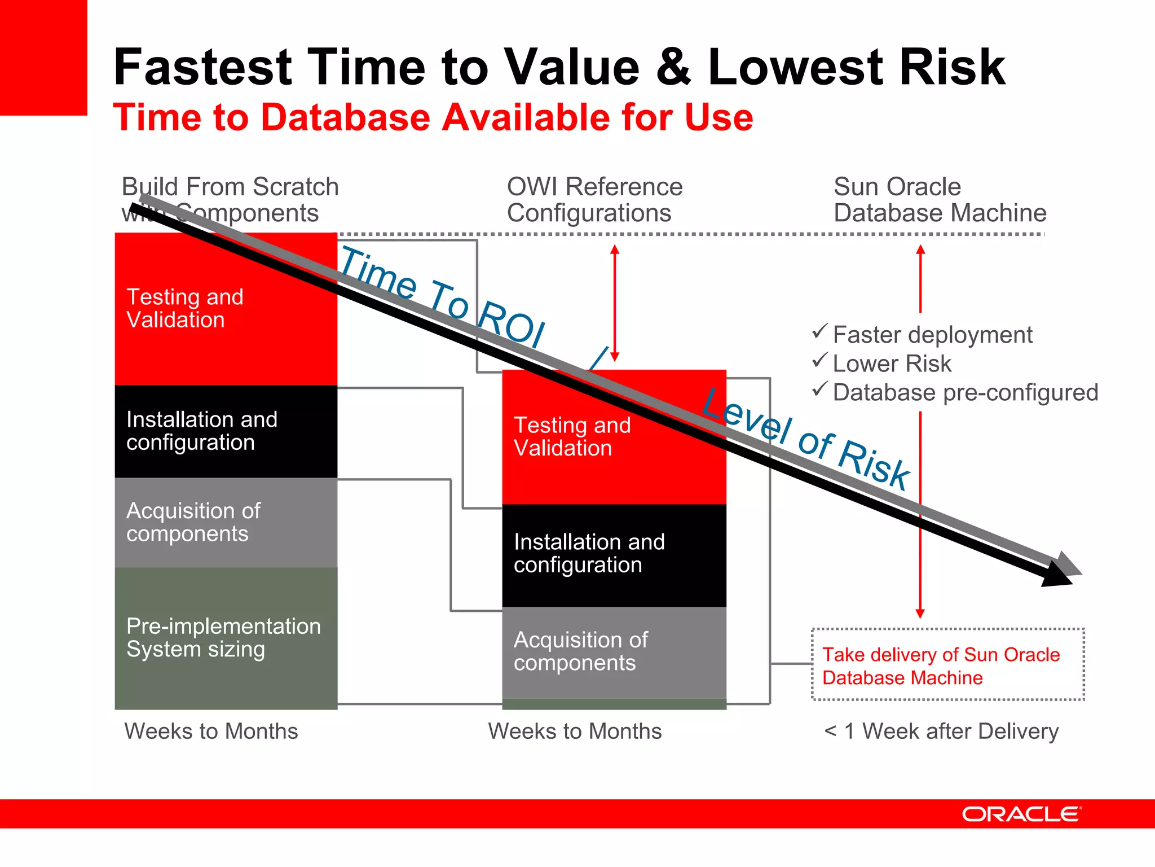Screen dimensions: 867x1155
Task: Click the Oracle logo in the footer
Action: [1021, 814]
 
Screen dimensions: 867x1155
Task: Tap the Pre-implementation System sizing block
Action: [226, 638]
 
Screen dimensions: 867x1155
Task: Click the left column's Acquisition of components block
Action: [226, 522]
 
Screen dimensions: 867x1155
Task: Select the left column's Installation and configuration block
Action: [226, 431]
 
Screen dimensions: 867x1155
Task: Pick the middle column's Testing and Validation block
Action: [614, 437]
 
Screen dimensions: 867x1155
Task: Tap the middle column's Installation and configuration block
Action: [614, 554]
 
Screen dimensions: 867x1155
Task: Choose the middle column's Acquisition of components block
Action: [614, 651]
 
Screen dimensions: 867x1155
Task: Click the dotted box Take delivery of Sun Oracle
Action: [947, 665]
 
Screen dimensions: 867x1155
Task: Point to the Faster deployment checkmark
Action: [819, 331]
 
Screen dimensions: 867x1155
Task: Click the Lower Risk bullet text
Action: [892, 364]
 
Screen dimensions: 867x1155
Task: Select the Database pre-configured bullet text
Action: [965, 392]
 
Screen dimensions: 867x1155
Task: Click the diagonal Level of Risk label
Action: [806, 438]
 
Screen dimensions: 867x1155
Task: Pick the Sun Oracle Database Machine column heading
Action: [939, 200]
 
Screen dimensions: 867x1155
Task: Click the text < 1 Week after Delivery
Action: [941, 731]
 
